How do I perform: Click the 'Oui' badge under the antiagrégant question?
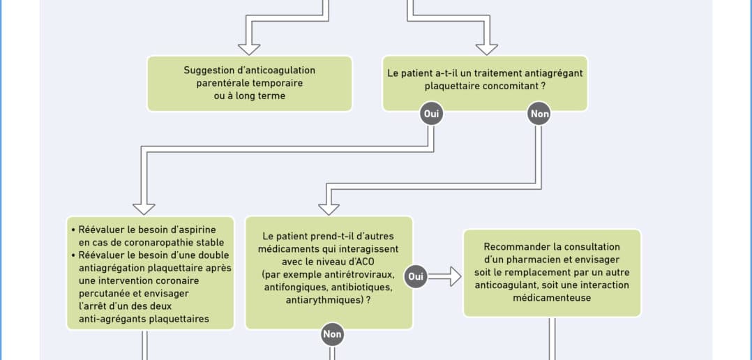click(430, 114)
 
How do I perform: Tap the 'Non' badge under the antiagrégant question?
click(539, 114)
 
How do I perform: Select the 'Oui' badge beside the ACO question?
click(415, 276)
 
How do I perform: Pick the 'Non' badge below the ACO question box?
click(332, 335)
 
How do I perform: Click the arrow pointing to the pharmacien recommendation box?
click(444, 276)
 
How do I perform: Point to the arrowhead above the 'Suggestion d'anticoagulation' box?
click(250, 50)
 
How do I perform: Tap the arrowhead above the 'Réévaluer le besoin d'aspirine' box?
click(144, 209)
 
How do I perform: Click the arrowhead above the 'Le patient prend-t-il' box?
click(329, 209)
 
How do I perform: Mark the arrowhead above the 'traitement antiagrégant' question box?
click(487, 50)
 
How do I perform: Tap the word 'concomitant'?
click(511, 87)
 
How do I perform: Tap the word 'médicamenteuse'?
click(552, 298)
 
